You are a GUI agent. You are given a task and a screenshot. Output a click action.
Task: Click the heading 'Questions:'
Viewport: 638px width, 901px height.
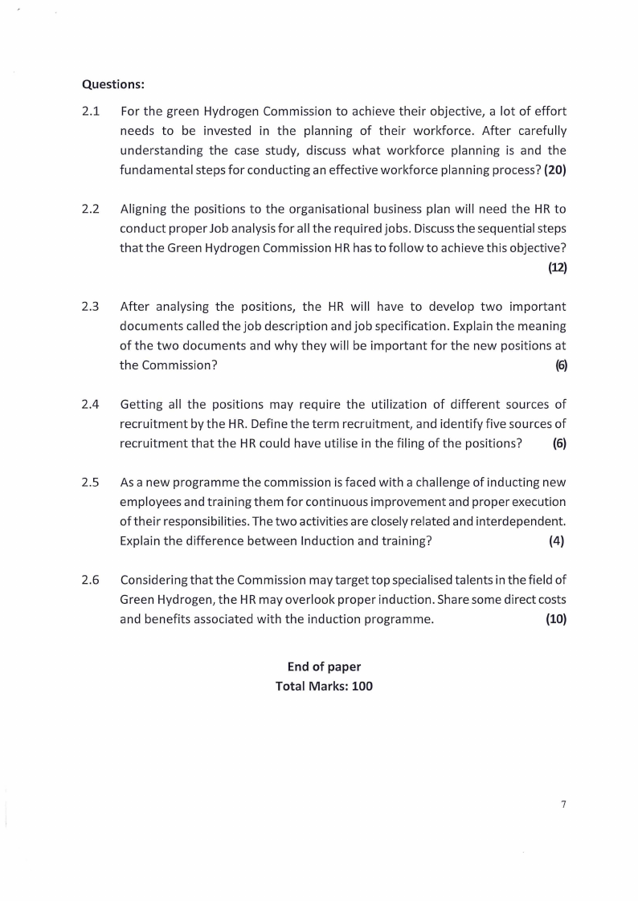(113, 83)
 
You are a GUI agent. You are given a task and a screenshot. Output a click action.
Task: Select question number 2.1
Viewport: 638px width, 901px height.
(90, 110)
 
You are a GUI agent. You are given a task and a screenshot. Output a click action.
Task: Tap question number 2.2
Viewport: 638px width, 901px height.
(90, 209)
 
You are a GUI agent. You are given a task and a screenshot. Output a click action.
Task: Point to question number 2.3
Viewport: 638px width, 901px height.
(90, 306)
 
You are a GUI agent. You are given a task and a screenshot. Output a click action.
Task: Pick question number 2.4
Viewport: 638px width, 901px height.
(90, 404)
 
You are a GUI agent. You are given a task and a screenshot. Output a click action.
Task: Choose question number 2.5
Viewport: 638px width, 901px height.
(90, 482)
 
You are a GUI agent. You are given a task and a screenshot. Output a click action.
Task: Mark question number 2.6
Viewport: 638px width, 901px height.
(90, 580)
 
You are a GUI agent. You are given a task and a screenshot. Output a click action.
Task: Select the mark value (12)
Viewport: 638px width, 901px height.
(558, 267)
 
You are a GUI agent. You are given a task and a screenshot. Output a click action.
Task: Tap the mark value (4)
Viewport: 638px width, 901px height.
(556, 540)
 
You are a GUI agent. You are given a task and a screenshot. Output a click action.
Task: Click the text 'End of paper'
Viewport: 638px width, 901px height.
(324, 667)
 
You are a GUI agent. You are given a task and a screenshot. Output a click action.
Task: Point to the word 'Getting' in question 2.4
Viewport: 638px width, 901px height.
(142, 404)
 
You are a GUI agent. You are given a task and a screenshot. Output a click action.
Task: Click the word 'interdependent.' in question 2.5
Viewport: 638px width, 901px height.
(520, 521)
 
